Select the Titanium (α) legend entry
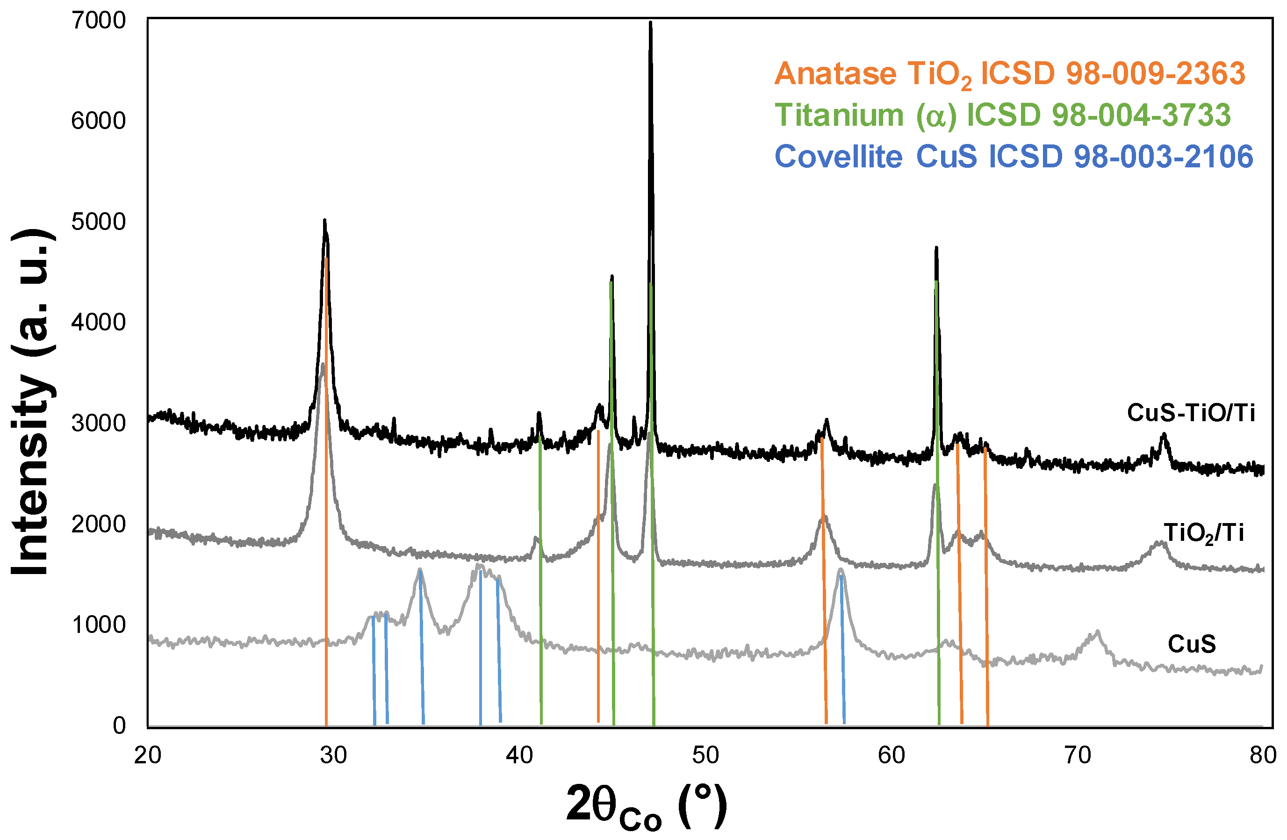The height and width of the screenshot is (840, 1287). pos(1003,115)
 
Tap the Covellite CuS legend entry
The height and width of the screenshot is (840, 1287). pos(1014,157)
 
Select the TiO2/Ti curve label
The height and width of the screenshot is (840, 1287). pos(1204,533)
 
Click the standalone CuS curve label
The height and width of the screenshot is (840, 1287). pos(1192,644)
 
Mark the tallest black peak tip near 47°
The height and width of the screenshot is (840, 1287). pos(651,23)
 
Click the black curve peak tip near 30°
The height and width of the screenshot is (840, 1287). pos(324,221)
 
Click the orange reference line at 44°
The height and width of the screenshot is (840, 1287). pos(598,595)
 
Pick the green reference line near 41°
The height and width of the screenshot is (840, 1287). pos(541,595)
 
